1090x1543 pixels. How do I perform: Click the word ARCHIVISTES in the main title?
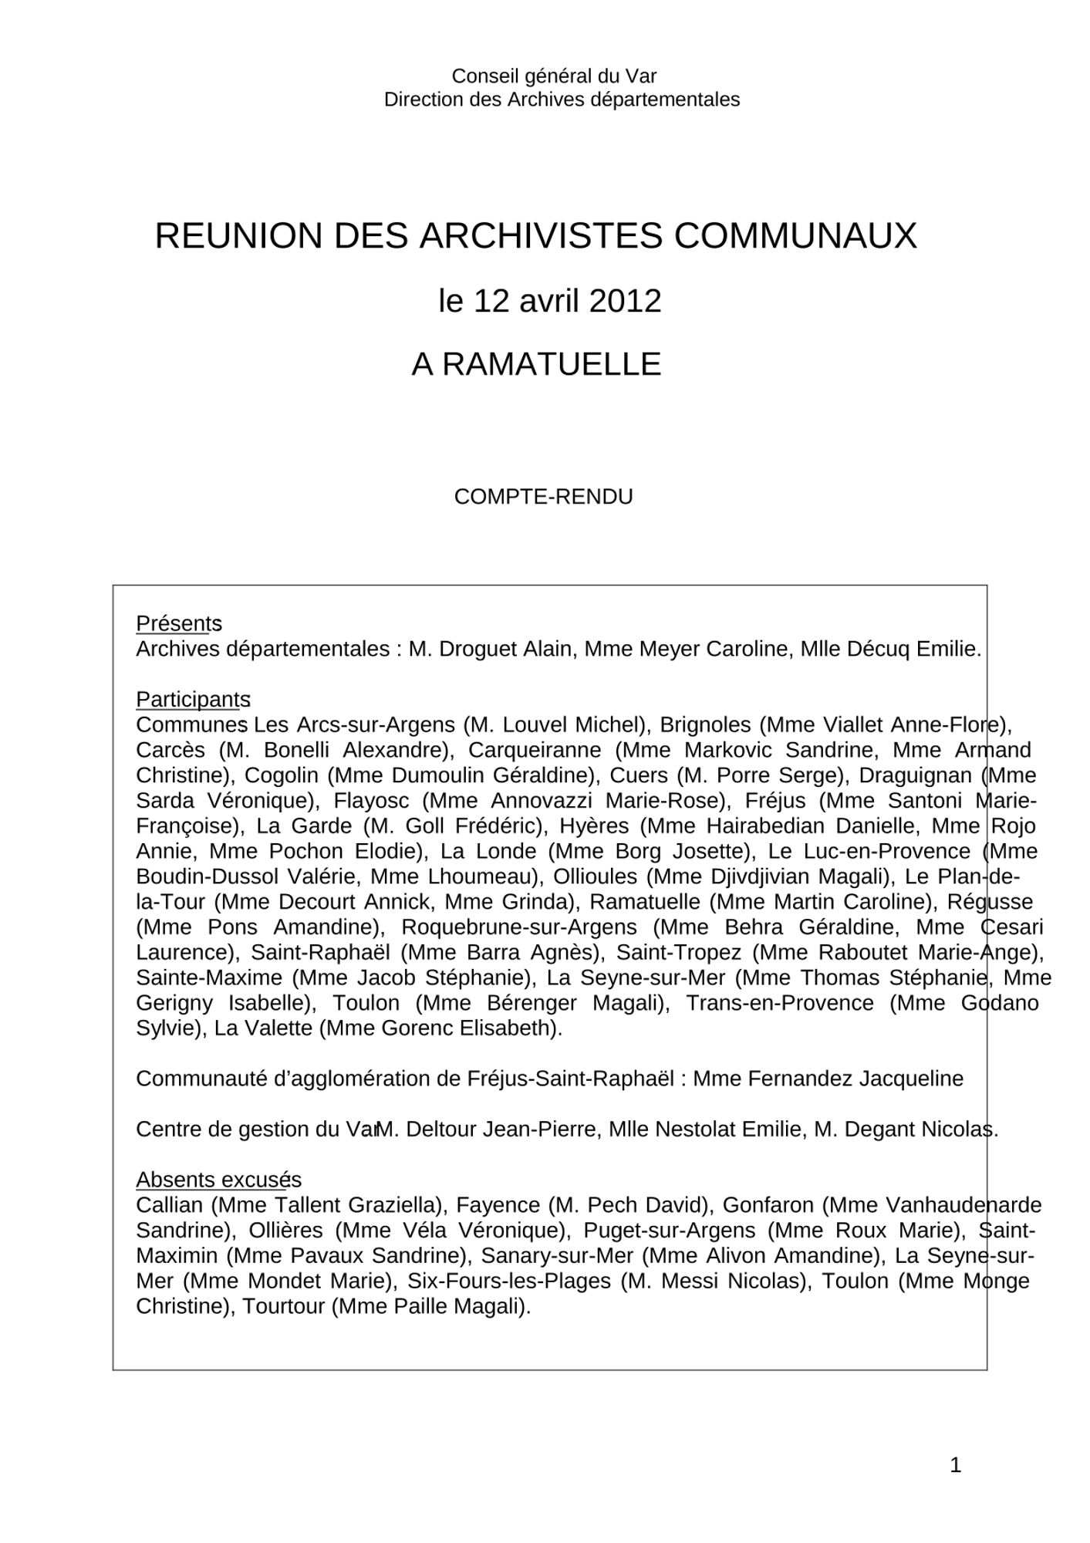(x=540, y=236)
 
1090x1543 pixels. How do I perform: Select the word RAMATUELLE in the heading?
(x=551, y=364)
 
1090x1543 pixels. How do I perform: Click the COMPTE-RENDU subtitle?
(x=543, y=497)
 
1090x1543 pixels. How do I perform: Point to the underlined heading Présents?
(x=178, y=623)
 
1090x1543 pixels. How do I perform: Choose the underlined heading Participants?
(x=193, y=699)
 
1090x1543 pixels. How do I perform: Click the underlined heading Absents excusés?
(x=218, y=1180)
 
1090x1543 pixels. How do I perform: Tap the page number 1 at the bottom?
(x=955, y=1465)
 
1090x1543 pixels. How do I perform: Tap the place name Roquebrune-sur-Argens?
(x=519, y=927)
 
